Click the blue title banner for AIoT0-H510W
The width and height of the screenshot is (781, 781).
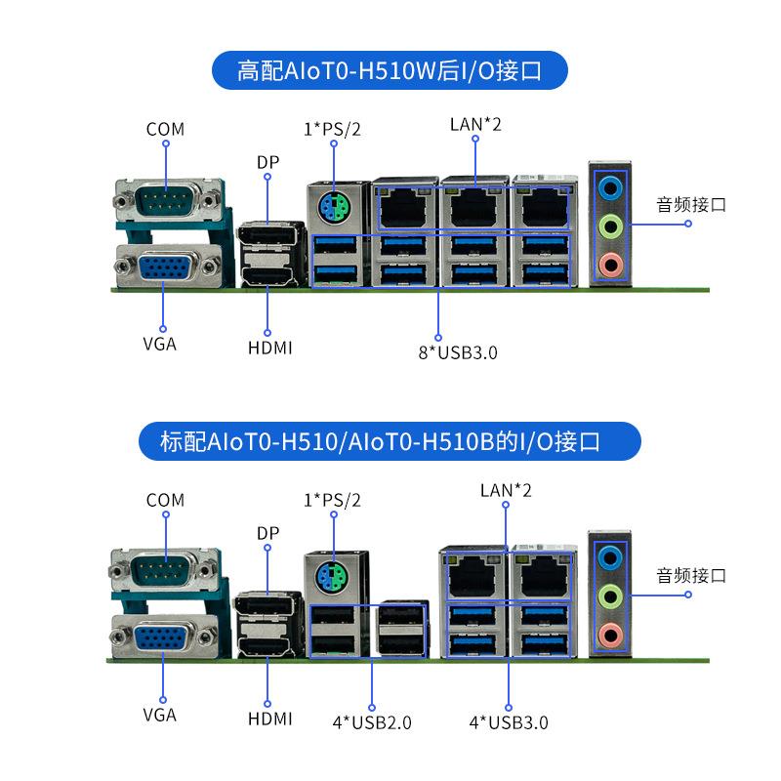[x=390, y=71]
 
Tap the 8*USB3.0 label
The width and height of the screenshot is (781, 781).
[x=457, y=352]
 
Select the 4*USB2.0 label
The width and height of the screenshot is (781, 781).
[x=371, y=722]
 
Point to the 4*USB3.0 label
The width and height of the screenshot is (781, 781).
[x=509, y=722]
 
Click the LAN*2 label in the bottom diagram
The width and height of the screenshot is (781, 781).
[x=506, y=490]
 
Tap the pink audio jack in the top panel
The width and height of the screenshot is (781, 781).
[x=610, y=263]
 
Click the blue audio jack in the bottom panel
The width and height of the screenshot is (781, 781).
[x=609, y=556]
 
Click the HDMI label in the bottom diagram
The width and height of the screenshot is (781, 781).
[x=269, y=719]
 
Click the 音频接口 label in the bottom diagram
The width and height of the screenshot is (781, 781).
[x=691, y=575]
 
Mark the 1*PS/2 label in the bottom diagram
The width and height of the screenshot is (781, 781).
[x=332, y=500]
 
